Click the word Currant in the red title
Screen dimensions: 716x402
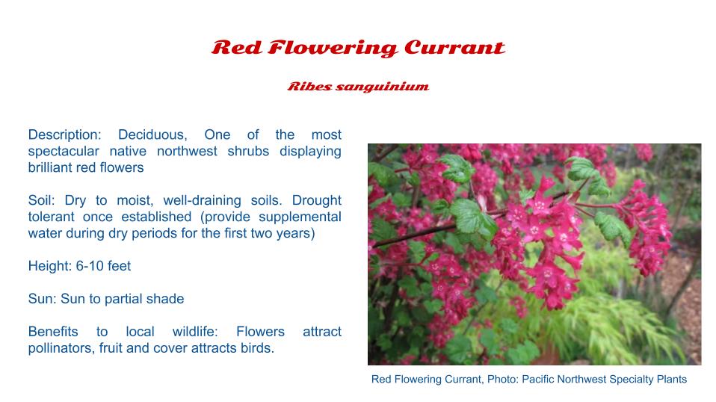click(454, 48)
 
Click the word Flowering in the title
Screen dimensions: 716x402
click(333, 49)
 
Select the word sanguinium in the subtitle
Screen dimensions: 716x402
click(382, 87)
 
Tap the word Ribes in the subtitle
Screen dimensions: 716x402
click(309, 86)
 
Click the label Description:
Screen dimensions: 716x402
click(64, 135)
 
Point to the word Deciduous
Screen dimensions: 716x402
click(152, 134)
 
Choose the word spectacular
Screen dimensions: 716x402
click(64, 152)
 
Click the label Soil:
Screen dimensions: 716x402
click(41, 200)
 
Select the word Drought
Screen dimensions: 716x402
click(316, 200)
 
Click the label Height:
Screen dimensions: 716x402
click(50, 266)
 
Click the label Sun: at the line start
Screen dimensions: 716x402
click(43, 299)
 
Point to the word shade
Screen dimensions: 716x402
click(165, 299)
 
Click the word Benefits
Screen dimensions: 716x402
click(53, 332)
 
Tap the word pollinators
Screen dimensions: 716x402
click(61, 348)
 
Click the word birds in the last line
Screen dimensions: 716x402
click(258, 348)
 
